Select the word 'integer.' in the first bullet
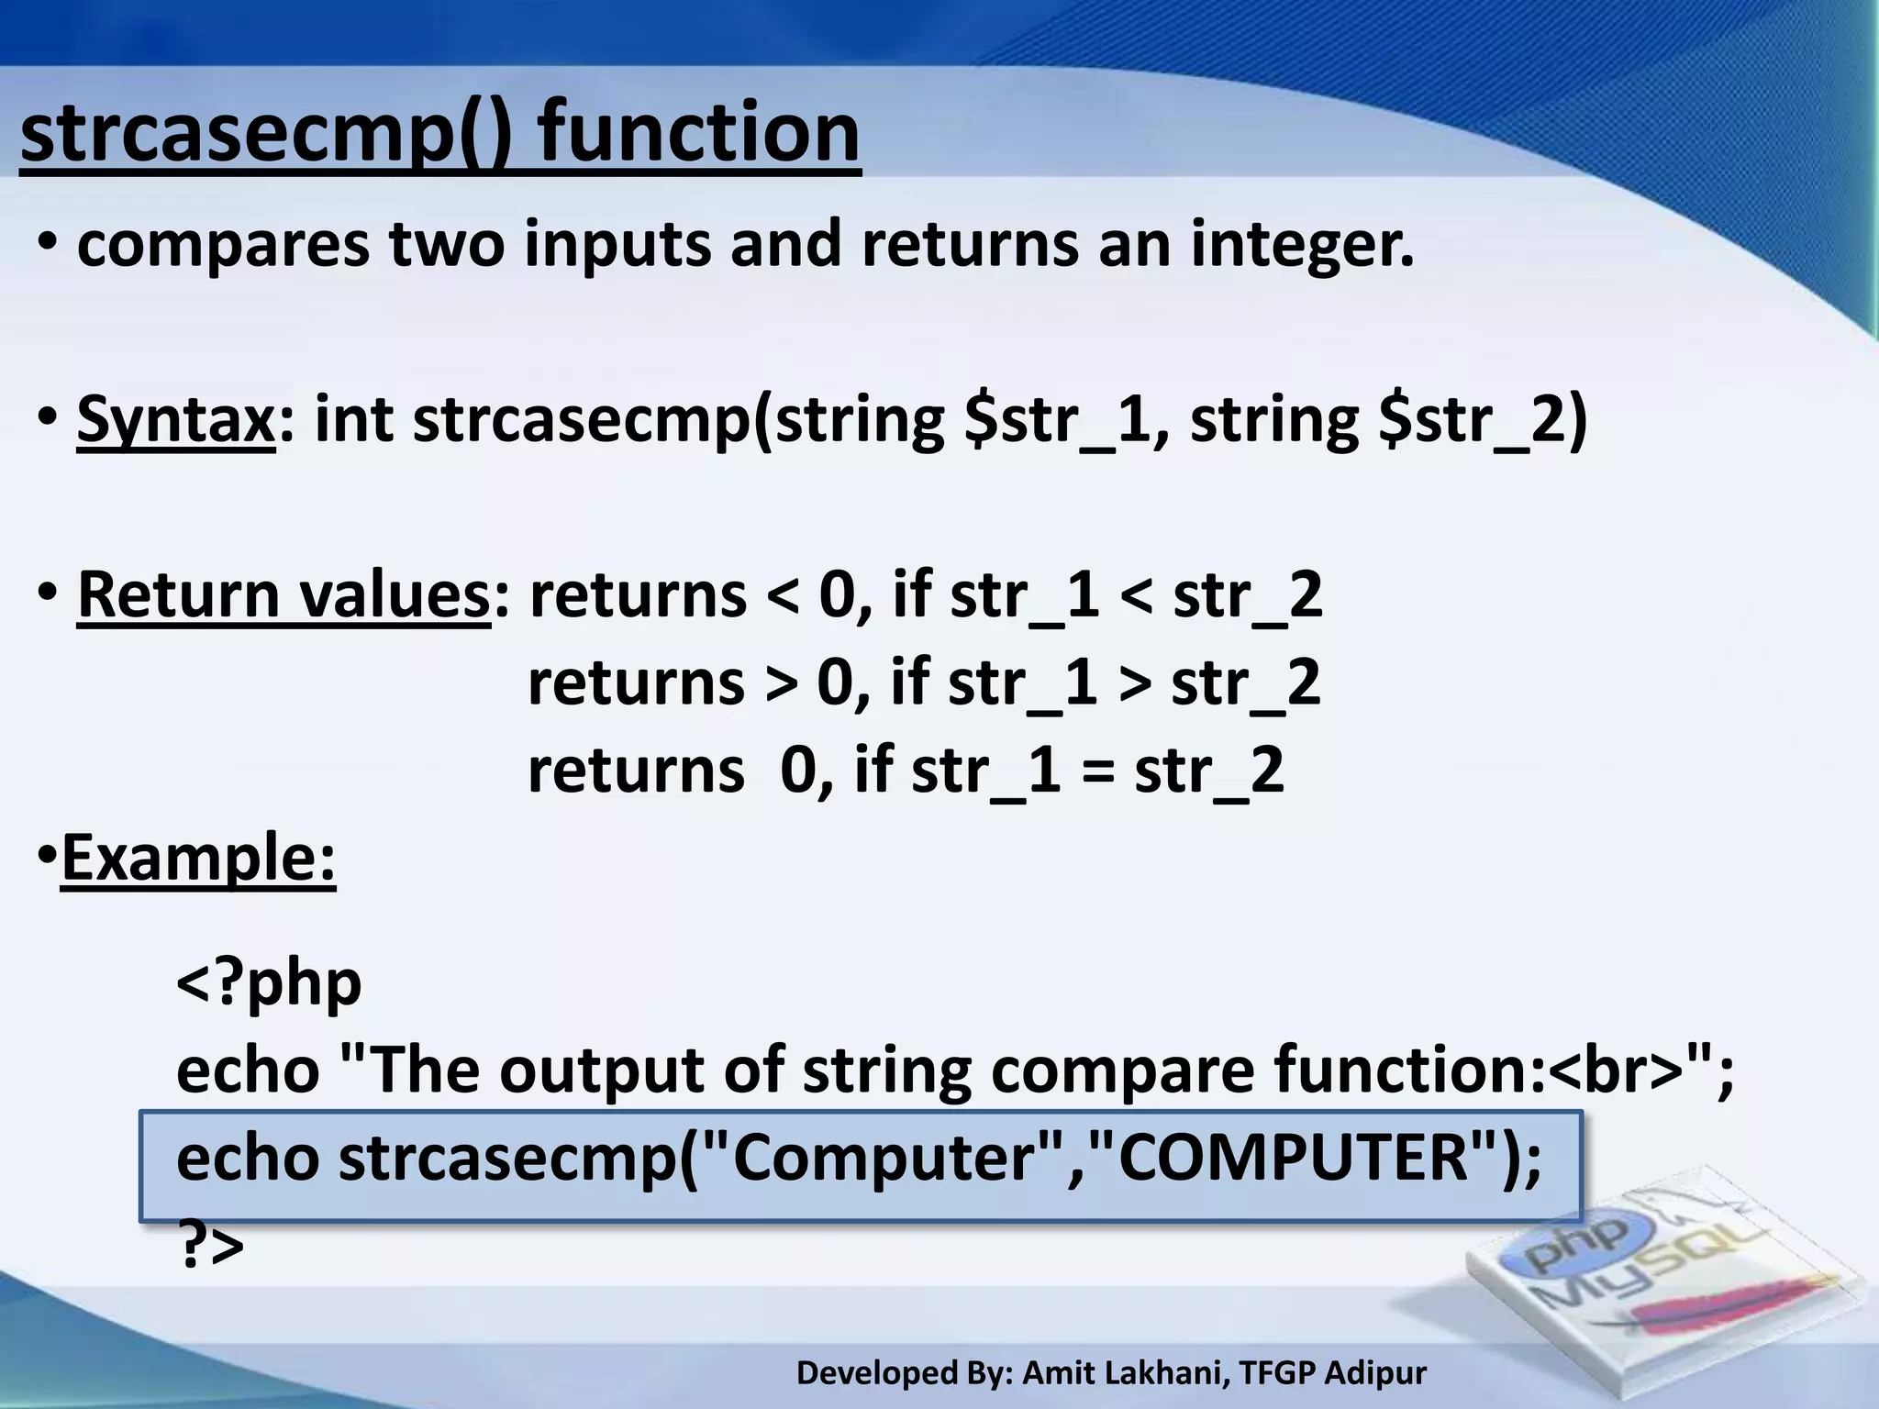click(x=1303, y=246)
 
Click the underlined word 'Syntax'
click(x=175, y=420)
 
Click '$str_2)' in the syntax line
click(x=1483, y=420)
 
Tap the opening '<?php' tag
click(x=269, y=983)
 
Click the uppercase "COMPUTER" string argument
click(x=1293, y=1158)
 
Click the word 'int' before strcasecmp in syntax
click(x=353, y=420)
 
